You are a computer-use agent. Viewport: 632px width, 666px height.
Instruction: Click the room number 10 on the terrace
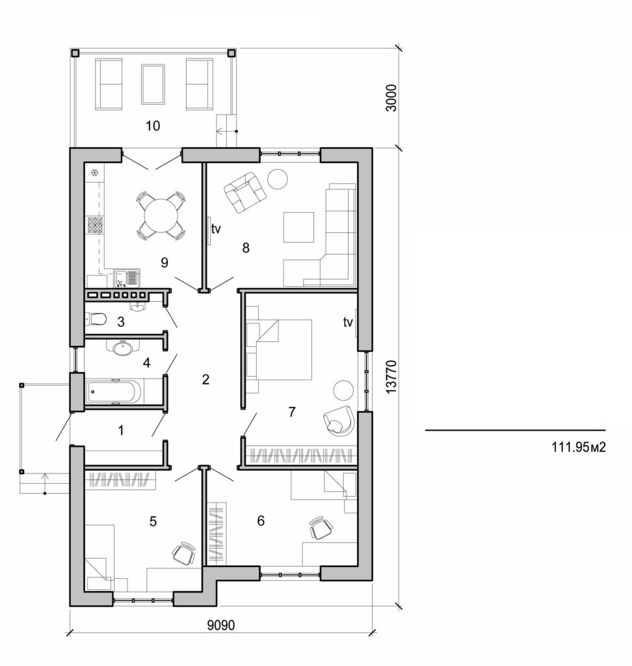coord(153,126)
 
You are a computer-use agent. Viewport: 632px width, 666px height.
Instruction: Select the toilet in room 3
coord(96,319)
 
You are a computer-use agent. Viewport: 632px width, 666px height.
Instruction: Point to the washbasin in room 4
coord(124,348)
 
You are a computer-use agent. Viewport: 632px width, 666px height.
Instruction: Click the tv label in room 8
coord(217,229)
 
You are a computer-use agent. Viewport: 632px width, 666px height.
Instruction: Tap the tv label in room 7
coord(349,321)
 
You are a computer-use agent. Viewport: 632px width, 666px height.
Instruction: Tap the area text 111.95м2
coord(578,447)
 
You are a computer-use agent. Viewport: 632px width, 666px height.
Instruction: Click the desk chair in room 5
coord(183,553)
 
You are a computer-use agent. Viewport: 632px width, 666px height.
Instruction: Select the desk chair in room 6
coord(319,527)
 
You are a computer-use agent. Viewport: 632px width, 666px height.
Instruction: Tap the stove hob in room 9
coord(95,226)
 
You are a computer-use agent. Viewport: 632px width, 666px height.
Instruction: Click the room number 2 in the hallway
coord(205,379)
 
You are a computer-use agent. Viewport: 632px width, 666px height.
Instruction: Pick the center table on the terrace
coord(153,83)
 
